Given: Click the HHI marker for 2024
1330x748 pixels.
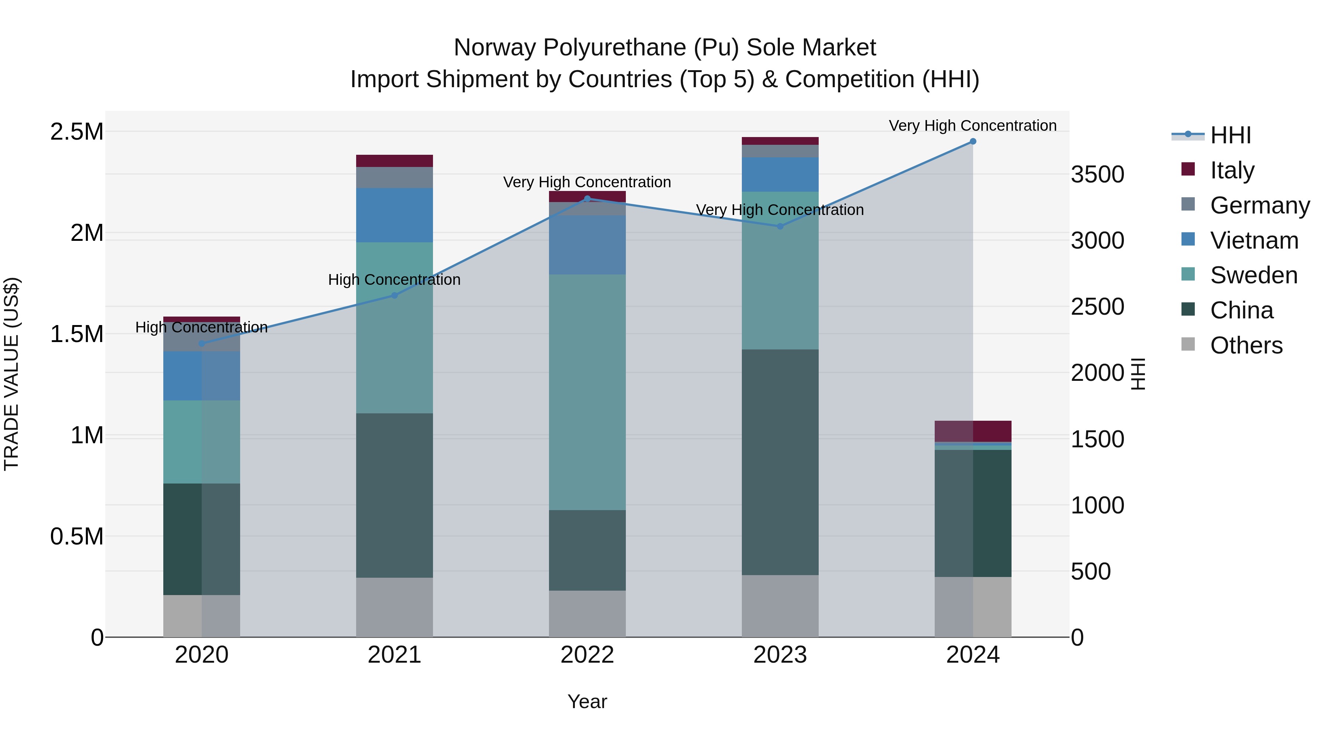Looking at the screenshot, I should click(973, 141).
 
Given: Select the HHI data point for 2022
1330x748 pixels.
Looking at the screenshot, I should click(587, 199).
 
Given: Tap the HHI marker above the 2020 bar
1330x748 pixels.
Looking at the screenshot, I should click(201, 343).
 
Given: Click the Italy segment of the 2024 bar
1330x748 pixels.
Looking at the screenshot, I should click(973, 431).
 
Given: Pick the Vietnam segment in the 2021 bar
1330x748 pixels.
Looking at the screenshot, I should click(395, 215).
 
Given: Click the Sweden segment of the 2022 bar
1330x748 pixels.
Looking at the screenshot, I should click(587, 392).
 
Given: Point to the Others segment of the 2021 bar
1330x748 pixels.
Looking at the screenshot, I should click(395, 607).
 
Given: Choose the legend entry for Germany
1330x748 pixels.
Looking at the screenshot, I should click(1260, 205).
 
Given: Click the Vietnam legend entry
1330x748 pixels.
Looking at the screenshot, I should click(1254, 240).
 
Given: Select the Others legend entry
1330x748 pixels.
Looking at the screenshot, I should click(1246, 345).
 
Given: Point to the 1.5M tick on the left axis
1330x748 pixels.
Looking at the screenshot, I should click(76, 334).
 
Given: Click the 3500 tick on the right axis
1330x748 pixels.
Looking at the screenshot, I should click(1097, 174).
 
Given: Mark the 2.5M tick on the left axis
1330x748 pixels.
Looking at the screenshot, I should click(76, 132).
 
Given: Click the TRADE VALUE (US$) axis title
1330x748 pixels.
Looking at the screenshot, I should click(11, 374).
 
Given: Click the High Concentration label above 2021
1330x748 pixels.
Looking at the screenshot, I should click(395, 280).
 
